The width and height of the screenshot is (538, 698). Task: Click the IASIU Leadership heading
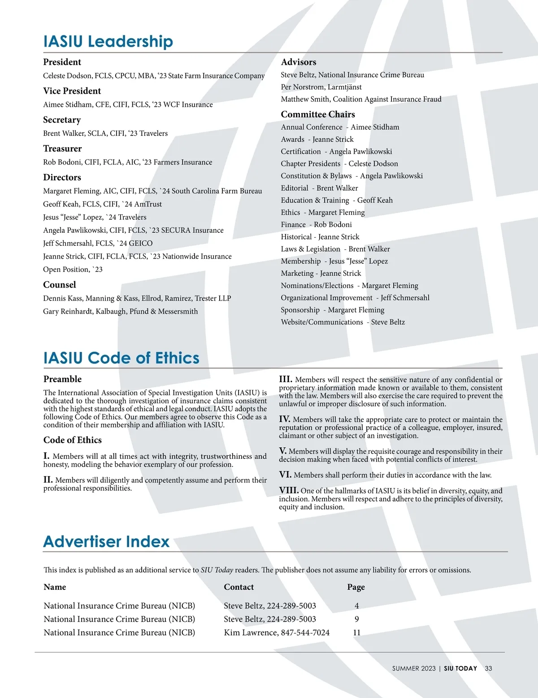pos(108,41)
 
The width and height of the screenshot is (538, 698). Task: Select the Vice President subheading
pos(72,91)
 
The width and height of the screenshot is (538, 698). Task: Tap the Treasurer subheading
pos(62,148)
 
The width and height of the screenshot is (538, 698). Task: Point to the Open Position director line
pos(73,270)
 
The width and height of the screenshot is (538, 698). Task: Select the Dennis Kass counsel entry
pos(137,298)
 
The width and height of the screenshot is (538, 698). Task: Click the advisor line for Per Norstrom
pos(321,87)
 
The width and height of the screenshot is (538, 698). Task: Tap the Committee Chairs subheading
pos(318,114)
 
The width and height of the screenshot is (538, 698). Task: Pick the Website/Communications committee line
pos(343,322)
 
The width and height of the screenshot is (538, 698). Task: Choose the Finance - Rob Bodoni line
pos(316,225)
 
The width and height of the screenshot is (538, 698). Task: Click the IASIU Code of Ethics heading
pos(121,358)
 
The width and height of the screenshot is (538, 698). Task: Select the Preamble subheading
pos(62,379)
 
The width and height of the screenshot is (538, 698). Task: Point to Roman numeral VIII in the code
pos(289,490)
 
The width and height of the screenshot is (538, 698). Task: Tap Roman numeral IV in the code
pos(285,419)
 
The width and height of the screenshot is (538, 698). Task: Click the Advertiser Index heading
pos(106,541)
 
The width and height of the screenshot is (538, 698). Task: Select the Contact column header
pos(239,587)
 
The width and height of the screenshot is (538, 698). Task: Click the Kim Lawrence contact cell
pos(277,633)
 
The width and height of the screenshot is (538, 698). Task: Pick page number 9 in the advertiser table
pos(356,619)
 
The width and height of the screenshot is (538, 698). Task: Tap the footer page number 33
pos(488,668)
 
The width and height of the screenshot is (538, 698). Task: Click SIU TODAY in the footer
pos(460,668)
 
